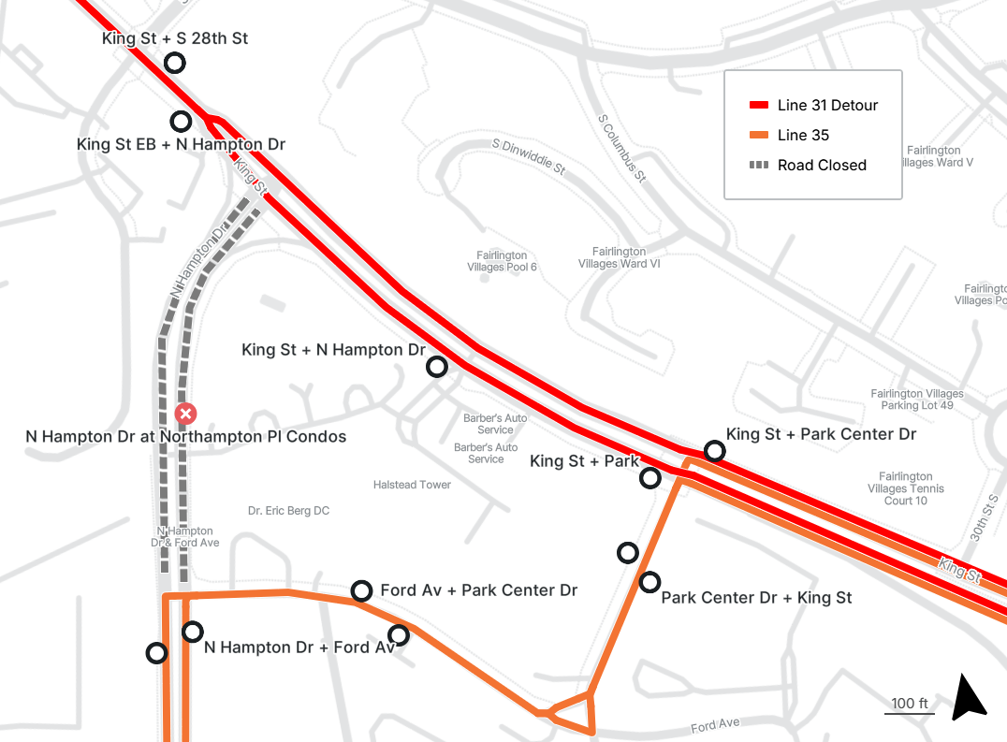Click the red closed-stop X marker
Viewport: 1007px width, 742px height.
[186, 414]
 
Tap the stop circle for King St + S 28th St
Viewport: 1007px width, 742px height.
[174, 63]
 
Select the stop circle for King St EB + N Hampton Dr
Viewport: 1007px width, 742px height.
[181, 122]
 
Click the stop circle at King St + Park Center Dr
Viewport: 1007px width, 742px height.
[715, 451]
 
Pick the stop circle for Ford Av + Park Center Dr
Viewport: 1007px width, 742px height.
[361, 590]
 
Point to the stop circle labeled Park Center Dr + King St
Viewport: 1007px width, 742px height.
[649, 582]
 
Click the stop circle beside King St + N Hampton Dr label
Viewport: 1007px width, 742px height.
[437, 367]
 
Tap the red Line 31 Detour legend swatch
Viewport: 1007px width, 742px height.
[758, 106]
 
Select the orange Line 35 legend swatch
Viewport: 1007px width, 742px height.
[758, 136]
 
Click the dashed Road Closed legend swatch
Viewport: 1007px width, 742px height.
[758, 166]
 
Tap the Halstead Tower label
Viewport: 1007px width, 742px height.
[412, 485]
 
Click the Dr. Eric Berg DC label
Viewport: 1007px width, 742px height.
[288, 511]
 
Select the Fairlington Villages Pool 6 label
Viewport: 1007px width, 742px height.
[502, 261]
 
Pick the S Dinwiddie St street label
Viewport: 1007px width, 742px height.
[529, 158]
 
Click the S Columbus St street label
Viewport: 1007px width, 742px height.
[621, 148]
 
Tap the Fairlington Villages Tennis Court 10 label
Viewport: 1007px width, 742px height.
[905, 488]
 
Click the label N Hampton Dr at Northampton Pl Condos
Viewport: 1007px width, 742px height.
[185, 437]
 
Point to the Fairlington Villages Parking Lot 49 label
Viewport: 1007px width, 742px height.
[916, 400]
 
